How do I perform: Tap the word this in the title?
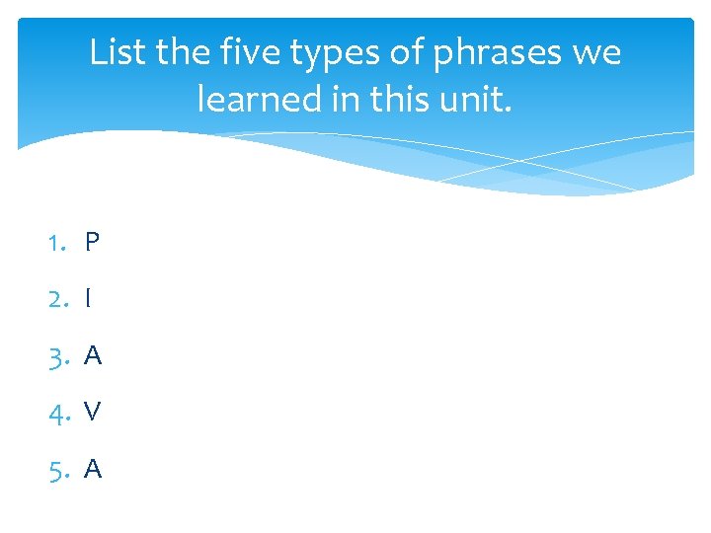pos(393,98)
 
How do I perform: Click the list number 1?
pos(57,242)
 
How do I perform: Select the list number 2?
pos(58,298)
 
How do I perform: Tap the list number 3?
pos(58,355)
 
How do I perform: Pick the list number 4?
pos(58,412)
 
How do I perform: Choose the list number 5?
pos(58,469)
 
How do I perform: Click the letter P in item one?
pos(92,242)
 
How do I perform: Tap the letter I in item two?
pos(88,298)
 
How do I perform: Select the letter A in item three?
pos(93,355)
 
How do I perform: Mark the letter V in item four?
pos(93,412)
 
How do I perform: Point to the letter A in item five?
pos(93,469)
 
